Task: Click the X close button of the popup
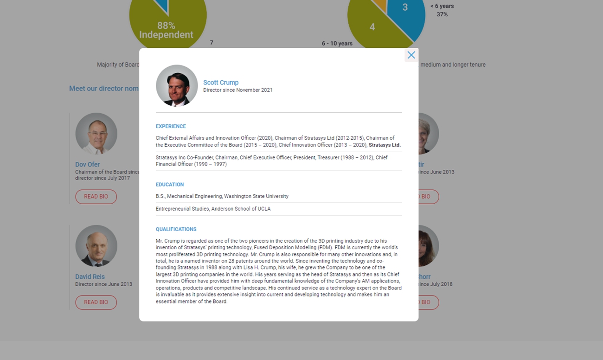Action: pyautogui.click(x=411, y=55)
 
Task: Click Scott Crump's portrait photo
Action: pyautogui.click(x=177, y=86)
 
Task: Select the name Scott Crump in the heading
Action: pyautogui.click(x=221, y=83)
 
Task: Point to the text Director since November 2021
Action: pyautogui.click(x=238, y=90)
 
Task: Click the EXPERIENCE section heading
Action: pyautogui.click(x=171, y=126)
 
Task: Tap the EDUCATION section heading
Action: pyautogui.click(x=170, y=185)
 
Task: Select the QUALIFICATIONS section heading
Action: pyautogui.click(x=176, y=229)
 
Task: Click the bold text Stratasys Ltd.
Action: pyautogui.click(x=385, y=145)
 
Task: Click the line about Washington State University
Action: pyautogui.click(x=222, y=196)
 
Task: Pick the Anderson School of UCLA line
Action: pyautogui.click(x=213, y=209)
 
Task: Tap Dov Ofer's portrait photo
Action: pyautogui.click(x=96, y=134)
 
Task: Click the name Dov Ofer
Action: pyautogui.click(x=88, y=165)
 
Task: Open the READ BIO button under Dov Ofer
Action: pyautogui.click(x=96, y=197)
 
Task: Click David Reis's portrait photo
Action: pyautogui.click(x=96, y=246)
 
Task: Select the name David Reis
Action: pyautogui.click(x=90, y=277)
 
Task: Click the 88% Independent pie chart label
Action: pyautogui.click(x=166, y=30)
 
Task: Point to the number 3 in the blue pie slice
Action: pyautogui.click(x=405, y=7)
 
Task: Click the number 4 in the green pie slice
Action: pyautogui.click(x=372, y=27)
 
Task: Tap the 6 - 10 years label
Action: pyautogui.click(x=337, y=44)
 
